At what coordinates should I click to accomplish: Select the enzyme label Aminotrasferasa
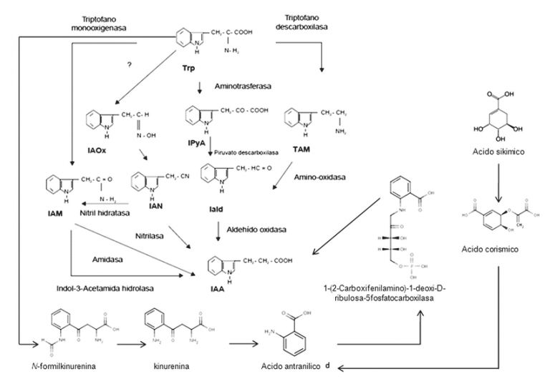pos(241,86)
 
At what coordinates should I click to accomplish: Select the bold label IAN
pos(144,207)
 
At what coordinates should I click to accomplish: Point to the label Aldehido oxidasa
pos(257,230)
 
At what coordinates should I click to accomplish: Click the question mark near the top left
pos(130,66)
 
